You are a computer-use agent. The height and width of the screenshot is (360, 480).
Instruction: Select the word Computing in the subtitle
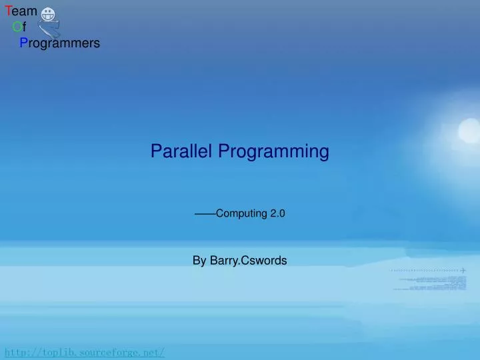[x=241, y=214]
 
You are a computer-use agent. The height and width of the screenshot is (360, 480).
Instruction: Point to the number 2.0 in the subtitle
[x=277, y=214]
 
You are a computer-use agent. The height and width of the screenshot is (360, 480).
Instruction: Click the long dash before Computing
[x=205, y=214]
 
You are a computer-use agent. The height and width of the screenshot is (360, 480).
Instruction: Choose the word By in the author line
[x=199, y=261]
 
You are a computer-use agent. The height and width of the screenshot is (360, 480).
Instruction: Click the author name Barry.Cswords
[x=248, y=261]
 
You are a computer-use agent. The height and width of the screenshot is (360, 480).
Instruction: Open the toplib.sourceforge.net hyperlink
[x=85, y=352]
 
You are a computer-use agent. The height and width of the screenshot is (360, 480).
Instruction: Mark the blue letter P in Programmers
[x=23, y=43]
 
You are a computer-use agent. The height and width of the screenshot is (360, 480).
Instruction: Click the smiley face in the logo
[x=48, y=14]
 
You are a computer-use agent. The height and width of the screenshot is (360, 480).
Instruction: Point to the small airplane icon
[x=463, y=270]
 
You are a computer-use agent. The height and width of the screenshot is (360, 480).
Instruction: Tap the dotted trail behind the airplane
[x=423, y=271]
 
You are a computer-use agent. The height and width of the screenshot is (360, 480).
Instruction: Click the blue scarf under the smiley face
[x=49, y=29]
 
